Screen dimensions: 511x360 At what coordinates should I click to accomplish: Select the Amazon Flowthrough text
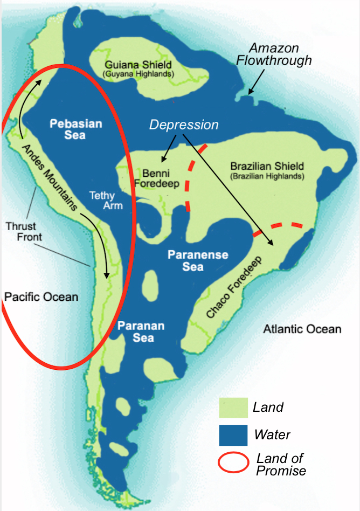[274, 54]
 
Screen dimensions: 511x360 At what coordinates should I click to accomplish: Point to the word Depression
[184, 125]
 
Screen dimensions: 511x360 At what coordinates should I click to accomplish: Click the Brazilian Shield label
[267, 166]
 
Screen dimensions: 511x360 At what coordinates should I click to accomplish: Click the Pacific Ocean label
[41, 297]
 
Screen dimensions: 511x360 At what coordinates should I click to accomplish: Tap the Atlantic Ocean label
[302, 329]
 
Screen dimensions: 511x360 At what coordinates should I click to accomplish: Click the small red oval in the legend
[233, 463]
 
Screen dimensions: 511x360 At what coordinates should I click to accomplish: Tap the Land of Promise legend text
[281, 464]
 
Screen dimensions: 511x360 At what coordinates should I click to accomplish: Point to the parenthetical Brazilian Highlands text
[267, 176]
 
